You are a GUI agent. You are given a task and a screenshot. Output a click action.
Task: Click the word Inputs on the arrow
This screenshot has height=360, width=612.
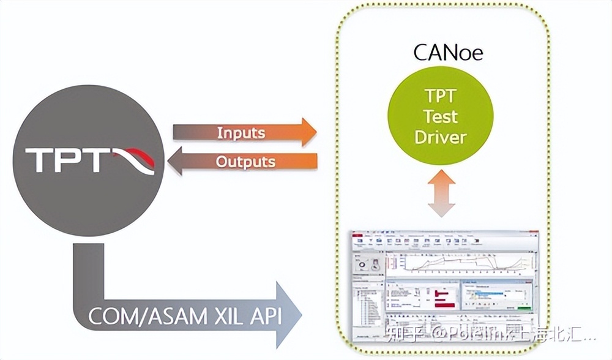pos(241,133)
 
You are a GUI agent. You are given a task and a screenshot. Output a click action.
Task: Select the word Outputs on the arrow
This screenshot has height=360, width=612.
pos(245,162)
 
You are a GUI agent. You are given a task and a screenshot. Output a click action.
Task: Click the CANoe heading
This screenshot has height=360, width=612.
pos(448,52)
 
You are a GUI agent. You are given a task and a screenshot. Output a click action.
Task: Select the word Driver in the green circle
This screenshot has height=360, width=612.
pos(440,137)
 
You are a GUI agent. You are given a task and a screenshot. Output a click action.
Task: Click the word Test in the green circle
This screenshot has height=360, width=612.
pos(441,116)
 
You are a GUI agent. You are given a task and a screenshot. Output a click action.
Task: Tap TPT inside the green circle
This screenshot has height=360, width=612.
pos(440,96)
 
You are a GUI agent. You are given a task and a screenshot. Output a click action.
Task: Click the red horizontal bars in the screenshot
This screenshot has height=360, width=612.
pos(442,298)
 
